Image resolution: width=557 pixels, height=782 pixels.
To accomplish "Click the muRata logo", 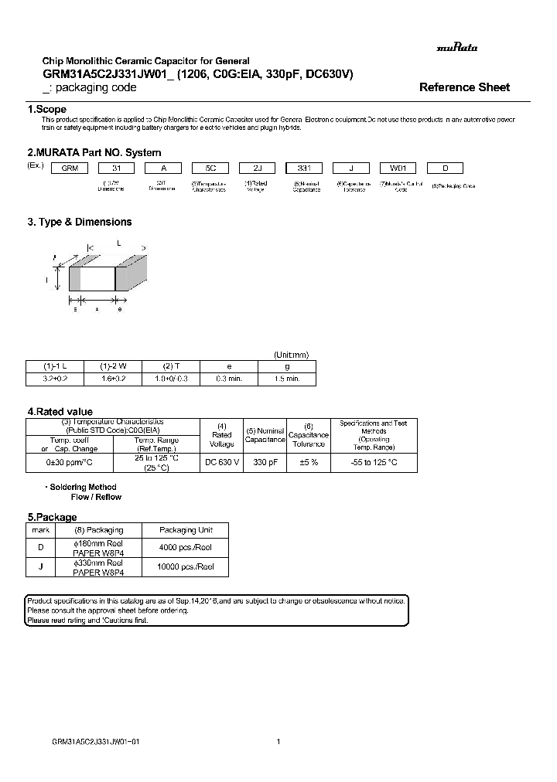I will tap(457, 47).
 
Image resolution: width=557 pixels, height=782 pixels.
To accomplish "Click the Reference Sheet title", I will tap(464, 87).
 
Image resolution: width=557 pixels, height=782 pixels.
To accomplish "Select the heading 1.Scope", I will tap(47, 110).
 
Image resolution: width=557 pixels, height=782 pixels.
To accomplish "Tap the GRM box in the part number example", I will tap(70, 168).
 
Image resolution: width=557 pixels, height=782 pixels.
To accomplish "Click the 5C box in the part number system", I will tap(210, 168).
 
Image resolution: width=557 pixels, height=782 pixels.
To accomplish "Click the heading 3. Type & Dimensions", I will tap(80, 222).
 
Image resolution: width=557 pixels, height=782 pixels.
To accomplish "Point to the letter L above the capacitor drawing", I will tap(118, 243).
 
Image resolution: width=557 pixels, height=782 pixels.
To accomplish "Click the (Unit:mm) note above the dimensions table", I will tap(292, 355).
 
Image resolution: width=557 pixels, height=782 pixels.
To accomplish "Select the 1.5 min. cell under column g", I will tap(286, 379).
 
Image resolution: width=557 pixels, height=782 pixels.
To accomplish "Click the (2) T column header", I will tap(170, 365).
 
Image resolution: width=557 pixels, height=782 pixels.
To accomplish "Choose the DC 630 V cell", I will tap(222, 462).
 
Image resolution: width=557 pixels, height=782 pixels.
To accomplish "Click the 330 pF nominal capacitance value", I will tap(265, 462).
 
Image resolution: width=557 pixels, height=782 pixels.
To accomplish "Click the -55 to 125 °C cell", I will tap(374, 462).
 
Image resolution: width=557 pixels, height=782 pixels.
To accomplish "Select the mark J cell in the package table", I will tap(40, 567).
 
